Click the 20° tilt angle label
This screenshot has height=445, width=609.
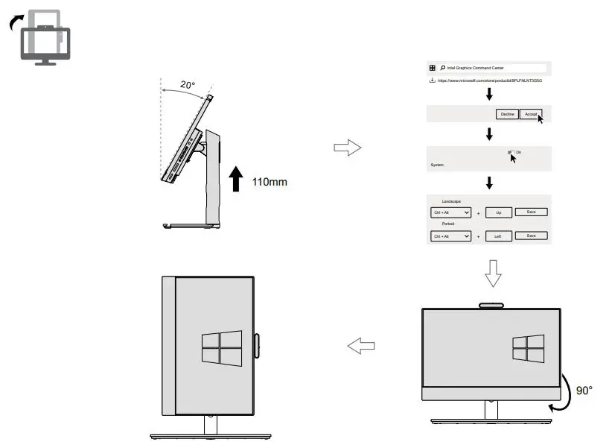[x=188, y=86]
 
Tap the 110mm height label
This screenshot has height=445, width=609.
[x=269, y=182]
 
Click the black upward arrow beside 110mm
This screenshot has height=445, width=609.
[x=236, y=180]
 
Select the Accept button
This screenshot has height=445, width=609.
[x=529, y=114]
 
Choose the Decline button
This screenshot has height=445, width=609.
[x=507, y=114]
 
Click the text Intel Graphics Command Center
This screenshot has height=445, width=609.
[x=475, y=68]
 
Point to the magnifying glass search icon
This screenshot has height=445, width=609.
[x=442, y=68]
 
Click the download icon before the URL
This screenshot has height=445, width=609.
[x=433, y=80]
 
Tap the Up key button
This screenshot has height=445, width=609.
[x=498, y=212]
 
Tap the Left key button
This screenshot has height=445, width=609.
[x=498, y=236]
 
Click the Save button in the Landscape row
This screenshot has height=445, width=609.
[x=531, y=212]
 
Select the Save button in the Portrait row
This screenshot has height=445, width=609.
[x=531, y=236]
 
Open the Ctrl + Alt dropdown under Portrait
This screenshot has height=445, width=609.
[x=452, y=236]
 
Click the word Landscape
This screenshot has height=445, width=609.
[x=452, y=201]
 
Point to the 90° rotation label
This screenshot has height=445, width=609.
[x=584, y=390]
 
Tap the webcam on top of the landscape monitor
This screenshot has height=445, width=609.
[x=491, y=304]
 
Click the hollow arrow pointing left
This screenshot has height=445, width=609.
[x=361, y=346]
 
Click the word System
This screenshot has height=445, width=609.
[x=437, y=165]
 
